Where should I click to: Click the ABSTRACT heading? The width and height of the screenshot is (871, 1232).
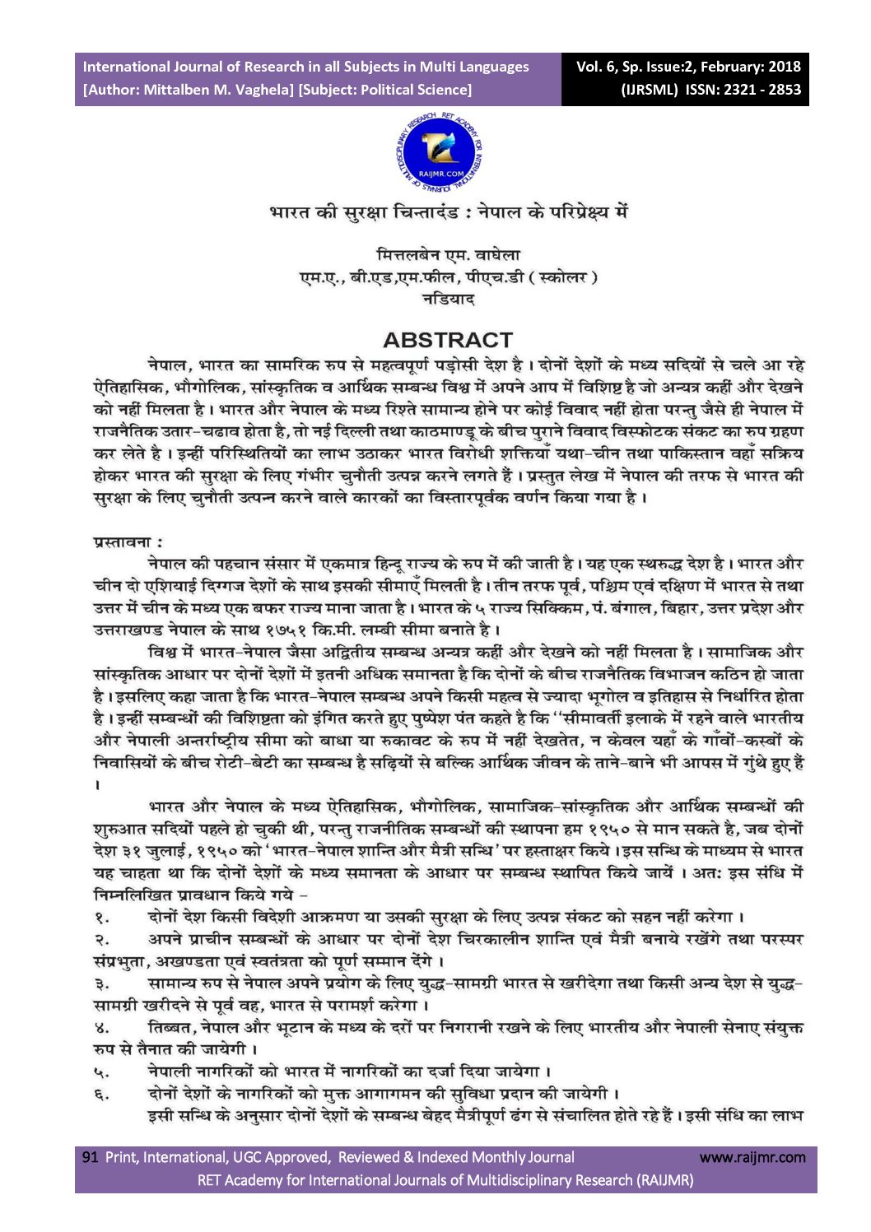447,340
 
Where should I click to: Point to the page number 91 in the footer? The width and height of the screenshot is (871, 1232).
90,1157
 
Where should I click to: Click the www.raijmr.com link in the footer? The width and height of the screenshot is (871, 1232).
752,1157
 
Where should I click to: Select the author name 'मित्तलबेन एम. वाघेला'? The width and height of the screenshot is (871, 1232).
448,255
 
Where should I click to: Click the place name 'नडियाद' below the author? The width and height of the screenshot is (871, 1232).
448,299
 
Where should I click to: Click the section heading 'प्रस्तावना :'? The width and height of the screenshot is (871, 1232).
128,542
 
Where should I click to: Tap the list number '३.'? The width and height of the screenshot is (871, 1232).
101,983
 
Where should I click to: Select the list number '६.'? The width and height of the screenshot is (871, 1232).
101,1095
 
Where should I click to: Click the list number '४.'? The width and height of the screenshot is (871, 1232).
101,1028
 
